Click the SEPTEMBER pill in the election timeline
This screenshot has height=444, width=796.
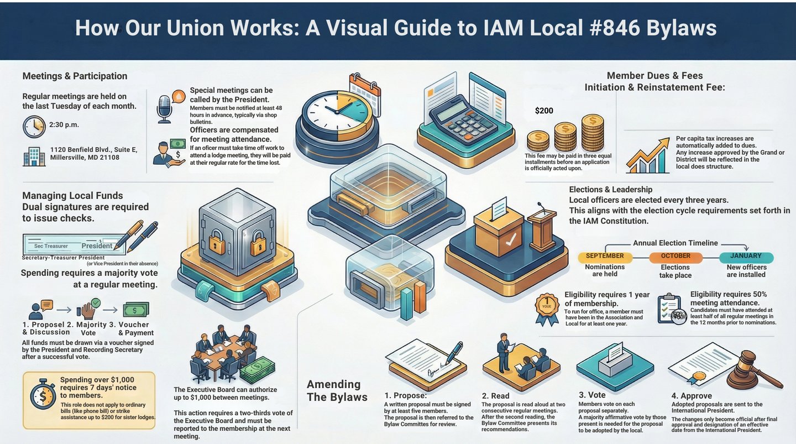point(605,257)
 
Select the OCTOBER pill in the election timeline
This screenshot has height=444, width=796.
point(675,257)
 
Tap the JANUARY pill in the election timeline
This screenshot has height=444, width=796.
point(746,257)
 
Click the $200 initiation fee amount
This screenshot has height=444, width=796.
point(544,111)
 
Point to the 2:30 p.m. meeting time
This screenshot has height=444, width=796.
point(64,125)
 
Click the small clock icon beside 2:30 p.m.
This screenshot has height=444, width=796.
point(34,127)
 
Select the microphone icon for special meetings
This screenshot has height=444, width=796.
point(165,108)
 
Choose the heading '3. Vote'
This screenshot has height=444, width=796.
point(592,395)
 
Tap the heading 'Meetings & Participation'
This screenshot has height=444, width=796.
point(75,76)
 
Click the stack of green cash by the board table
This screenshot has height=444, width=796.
point(258,369)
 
